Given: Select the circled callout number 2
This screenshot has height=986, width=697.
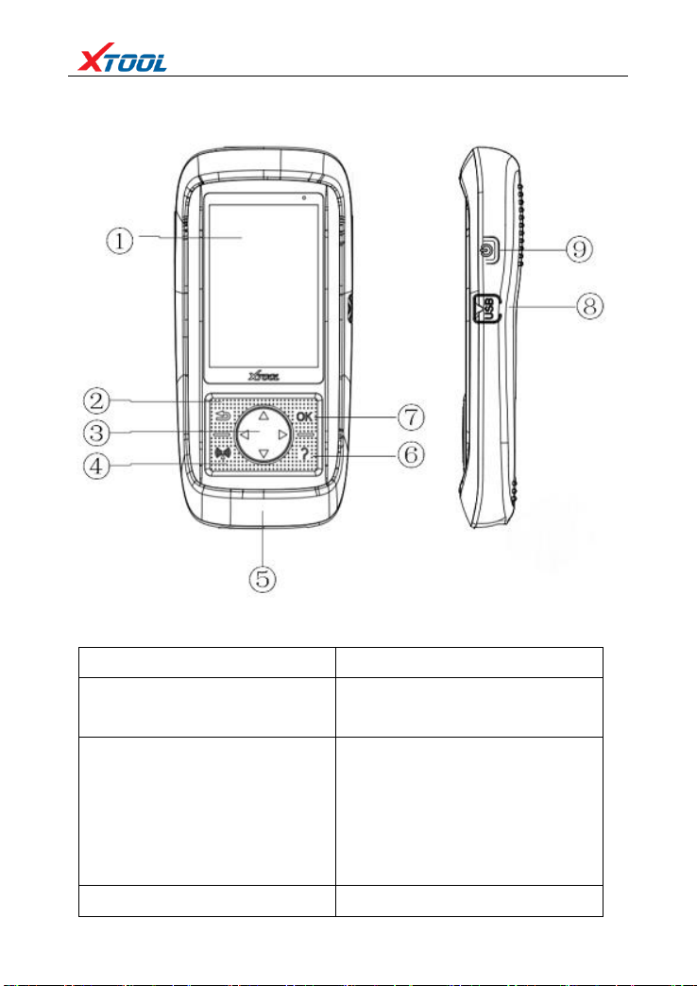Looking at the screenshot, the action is (x=98, y=401).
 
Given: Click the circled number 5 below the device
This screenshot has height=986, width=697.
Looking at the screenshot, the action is (x=263, y=578).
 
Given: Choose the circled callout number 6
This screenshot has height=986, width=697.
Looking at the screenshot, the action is (x=410, y=454).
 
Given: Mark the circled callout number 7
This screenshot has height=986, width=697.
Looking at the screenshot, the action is (x=410, y=418).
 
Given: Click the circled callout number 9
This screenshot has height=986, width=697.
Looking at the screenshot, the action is (x=579, y=249).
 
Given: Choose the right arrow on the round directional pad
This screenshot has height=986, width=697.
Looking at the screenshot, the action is (x=282, y=434).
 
